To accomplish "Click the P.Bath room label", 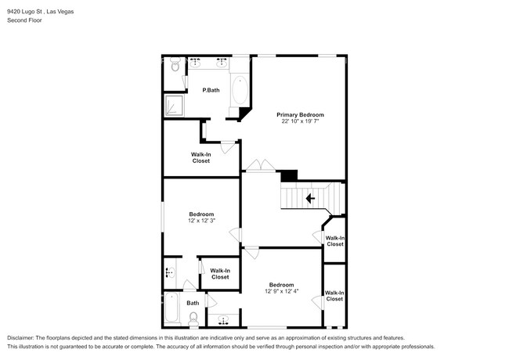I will tap(211, 91).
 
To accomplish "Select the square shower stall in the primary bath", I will tap(174, 104).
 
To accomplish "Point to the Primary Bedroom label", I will tap(301, 115).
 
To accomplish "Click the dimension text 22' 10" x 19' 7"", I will tap(301, 122).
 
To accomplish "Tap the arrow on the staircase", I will tap(310, 199).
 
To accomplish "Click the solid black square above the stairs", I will tap(289, 176).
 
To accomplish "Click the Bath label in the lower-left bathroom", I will tap(193, 303).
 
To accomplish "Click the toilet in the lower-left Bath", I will tap(193, 318).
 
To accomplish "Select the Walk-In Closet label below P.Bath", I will tap(201, 157).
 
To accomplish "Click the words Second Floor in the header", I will tap(25, 20).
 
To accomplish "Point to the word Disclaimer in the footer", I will tap(23, 337).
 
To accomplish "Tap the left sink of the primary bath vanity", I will tap(195, 60).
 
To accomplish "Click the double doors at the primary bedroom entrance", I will tap(258, 165).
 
